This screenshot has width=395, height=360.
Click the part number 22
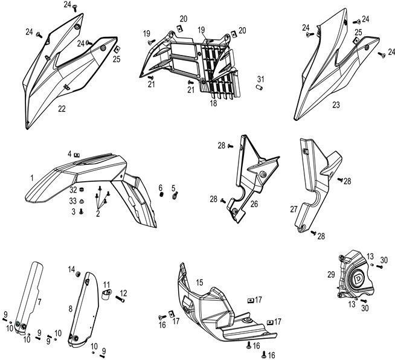click(62, 109)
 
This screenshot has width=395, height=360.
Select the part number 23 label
click(336, 104)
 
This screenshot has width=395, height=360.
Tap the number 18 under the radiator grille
click(213, 103)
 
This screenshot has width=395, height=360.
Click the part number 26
click(254, 204)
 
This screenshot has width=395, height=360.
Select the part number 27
click(294, 209)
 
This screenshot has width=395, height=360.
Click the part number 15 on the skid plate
click(199, 281)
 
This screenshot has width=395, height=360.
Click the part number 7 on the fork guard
click(40, 301)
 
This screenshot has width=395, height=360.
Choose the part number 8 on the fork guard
click(71, 309)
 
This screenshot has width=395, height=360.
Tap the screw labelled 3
click(80, 212)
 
